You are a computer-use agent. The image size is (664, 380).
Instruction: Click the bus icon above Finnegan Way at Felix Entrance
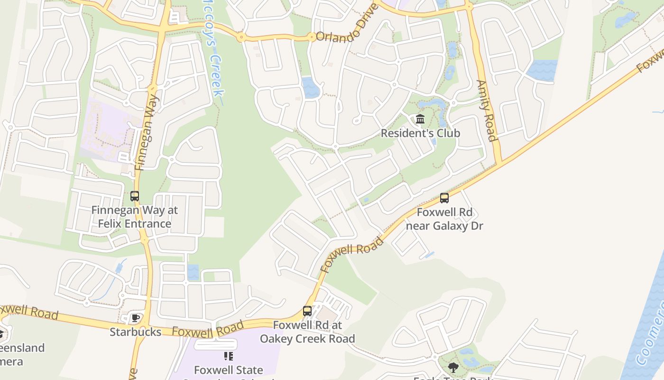tap(135, 196)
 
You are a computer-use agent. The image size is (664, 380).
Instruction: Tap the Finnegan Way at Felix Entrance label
tap(135, 217)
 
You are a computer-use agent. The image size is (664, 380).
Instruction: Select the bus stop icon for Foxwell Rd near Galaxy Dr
tap(444, 198)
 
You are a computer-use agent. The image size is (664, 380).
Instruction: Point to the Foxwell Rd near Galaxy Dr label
tap(445, 219)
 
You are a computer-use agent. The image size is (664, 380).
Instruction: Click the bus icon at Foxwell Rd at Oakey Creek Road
tap(307, 311)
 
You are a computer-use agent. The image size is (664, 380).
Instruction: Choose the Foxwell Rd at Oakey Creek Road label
tap(307, 332)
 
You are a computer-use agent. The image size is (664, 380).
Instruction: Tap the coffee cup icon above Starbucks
tap(136, 318)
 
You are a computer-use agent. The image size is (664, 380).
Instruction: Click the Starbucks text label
tap(136, 332)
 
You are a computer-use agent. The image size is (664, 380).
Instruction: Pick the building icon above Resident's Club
tap(420, 119)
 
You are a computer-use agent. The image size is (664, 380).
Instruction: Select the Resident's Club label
tap(420, 133)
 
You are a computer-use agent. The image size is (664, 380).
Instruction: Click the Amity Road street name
tap(487, 111)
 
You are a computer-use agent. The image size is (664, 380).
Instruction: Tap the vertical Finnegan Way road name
tap(147, 132)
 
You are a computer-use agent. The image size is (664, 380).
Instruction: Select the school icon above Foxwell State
tap(229, 356)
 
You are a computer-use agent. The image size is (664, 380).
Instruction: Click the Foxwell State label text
tap(229, 370)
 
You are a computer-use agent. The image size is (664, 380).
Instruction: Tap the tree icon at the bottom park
tap(453, 367)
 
